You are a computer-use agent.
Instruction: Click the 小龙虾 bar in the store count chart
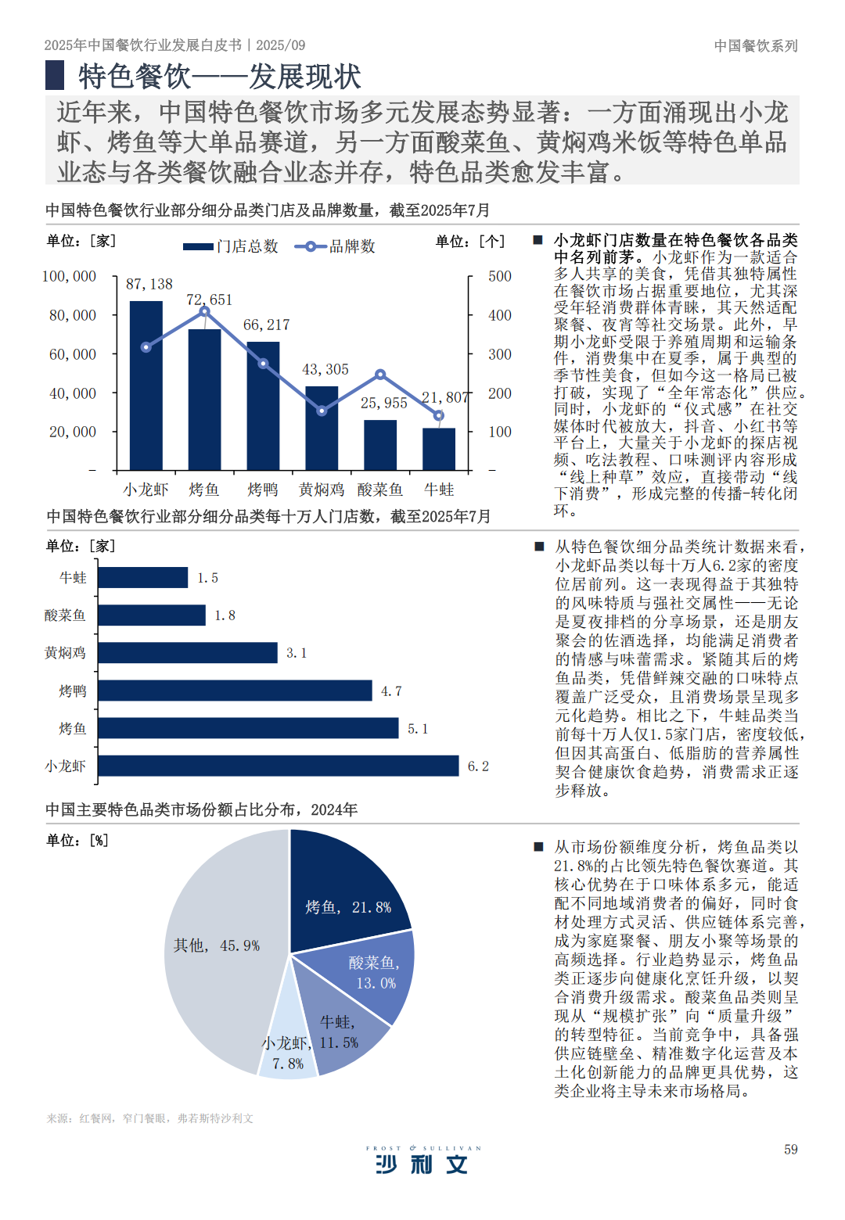[x=146, y=386]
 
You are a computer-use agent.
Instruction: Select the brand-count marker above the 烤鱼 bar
[x=204, y=311]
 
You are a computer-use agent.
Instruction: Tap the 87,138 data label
[x=149, y=284]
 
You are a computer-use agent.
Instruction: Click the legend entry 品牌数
[x=336, y=246]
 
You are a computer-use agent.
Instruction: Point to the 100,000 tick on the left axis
[x=70, y=276]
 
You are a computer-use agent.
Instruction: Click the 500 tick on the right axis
[x=500, y=276]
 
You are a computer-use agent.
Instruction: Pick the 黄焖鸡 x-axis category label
[x=322, y=490]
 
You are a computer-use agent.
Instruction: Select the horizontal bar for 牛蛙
[x=143, y=577]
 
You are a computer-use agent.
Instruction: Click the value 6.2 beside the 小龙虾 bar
[x=478, y=766]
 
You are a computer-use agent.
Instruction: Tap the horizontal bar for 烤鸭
[x=235, y=691]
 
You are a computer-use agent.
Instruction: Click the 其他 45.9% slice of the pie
[x=219, y=954]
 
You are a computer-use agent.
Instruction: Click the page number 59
[x=791, y=1150]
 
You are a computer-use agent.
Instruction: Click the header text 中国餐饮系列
[x=756, y=45]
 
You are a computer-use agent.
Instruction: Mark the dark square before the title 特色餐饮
[x=55, y=76]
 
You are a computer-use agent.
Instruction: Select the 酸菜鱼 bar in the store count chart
[x=380, y=445]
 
